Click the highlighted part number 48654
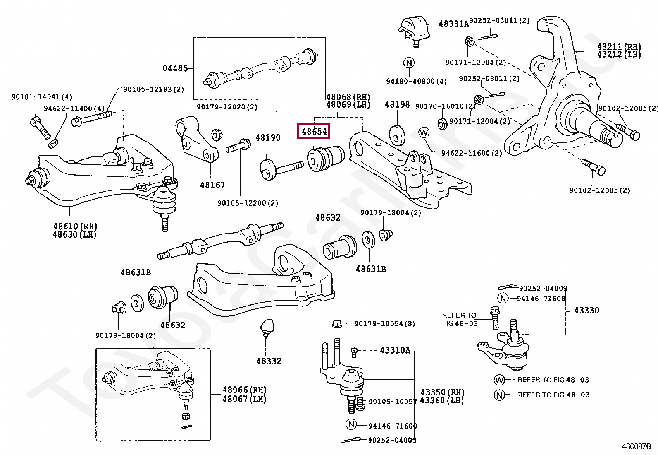coord(314,131)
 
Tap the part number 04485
coord(175,68)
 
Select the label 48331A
coord(454,24)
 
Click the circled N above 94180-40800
coord(409,63)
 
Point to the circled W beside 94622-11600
coord(424,132)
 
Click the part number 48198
coord(397,104)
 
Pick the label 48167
coord(212,185)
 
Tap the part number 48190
coord(267,137)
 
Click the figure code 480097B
coord(636,446)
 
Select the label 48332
coord(269,361)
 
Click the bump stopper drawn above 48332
coord(267,327)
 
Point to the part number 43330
coord(586,310)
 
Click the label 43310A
coord(395,350)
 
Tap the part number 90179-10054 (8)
coord(385,324)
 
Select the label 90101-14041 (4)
coord(42,97)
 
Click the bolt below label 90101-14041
coord(40,128)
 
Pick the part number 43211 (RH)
coord(619,47)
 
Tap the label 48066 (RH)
coord(244,390)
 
